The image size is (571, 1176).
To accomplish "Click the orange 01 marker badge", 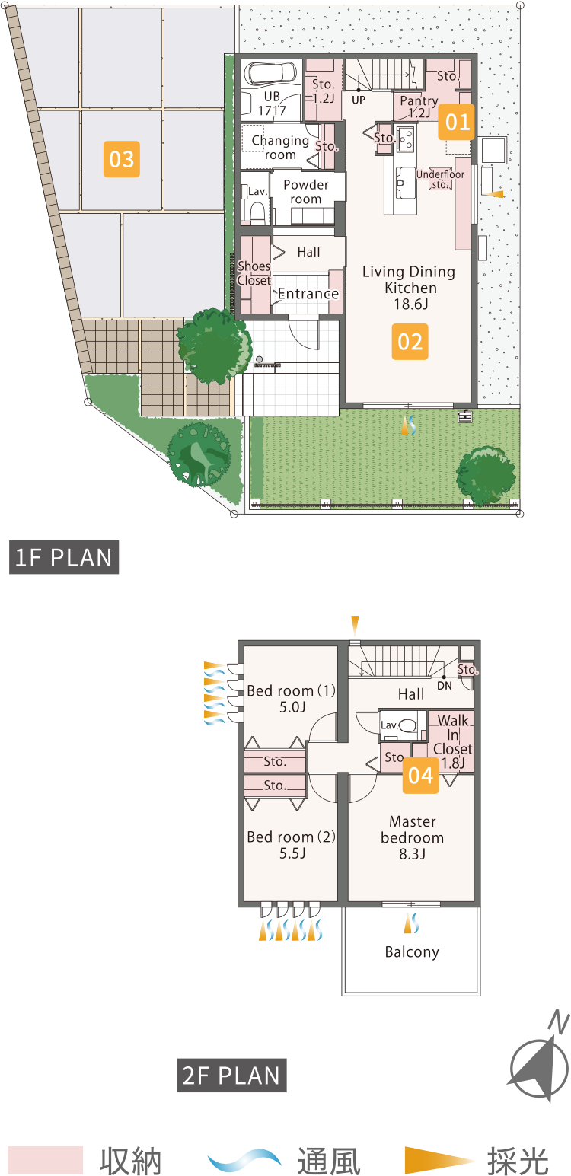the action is click(457, 122).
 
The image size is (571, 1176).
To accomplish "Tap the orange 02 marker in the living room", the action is click(410, 342).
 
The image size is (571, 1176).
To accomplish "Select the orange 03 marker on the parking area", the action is click(121, 159).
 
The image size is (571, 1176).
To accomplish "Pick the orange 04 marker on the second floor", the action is click(420, 776).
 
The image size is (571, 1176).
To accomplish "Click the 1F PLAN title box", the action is click(63, 557).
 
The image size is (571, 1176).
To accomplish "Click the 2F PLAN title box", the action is click(231, 1076).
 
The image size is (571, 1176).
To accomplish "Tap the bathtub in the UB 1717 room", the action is click(271, 74).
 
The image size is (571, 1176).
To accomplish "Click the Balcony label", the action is click(412, 951).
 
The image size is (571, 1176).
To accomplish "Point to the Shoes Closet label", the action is click(254, 273).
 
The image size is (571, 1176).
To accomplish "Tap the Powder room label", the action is click(306, 192).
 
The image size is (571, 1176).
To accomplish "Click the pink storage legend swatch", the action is click(45, 1160).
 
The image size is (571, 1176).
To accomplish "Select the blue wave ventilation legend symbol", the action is click(244, 1160).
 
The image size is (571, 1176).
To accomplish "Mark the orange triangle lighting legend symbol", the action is click(439, 1160).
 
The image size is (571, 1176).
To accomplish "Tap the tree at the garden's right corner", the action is click(486, 476).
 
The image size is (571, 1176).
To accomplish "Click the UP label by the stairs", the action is click(359, 100).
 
